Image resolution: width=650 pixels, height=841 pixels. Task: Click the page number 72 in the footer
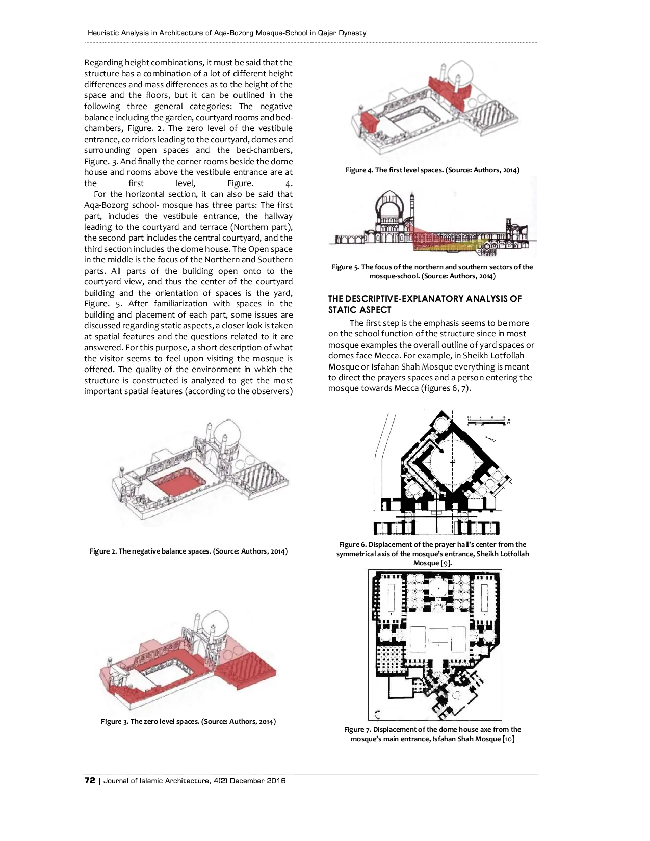coord(89,780)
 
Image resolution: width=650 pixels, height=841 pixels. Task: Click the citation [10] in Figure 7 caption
coord(508,739)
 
